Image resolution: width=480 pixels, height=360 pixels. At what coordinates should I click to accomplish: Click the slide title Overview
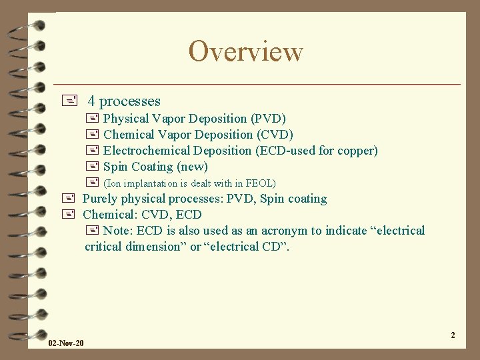click(x=245, y=51)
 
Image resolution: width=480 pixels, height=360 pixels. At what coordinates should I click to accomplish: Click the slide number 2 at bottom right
click(x=453, y=335)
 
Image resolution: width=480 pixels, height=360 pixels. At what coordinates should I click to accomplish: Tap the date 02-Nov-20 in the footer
click(x=66, y=343)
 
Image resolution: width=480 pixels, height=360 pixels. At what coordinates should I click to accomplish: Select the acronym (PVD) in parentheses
click(x=268, y=119)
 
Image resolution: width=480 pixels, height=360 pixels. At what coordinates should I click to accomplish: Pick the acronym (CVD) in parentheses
click(x=275, y=135)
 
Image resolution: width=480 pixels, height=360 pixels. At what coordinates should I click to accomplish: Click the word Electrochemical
click(x=146, y=151)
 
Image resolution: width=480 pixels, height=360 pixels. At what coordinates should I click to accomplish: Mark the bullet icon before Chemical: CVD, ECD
click(x=67, y=215)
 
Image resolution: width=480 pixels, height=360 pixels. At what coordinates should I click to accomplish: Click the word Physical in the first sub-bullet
click(x=126, y=119)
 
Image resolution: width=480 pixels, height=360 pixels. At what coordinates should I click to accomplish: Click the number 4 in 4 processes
click(x=91, y=101)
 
